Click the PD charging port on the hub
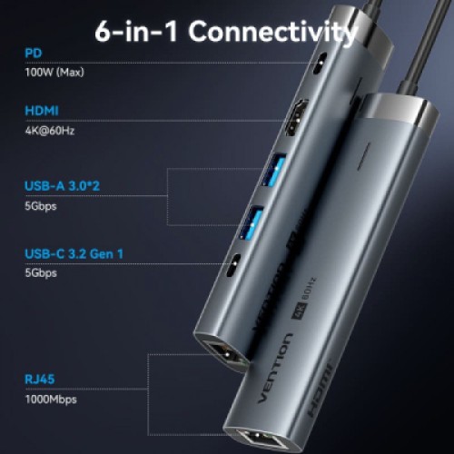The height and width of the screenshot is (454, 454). pyautogui.click(x=318, y=67)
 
